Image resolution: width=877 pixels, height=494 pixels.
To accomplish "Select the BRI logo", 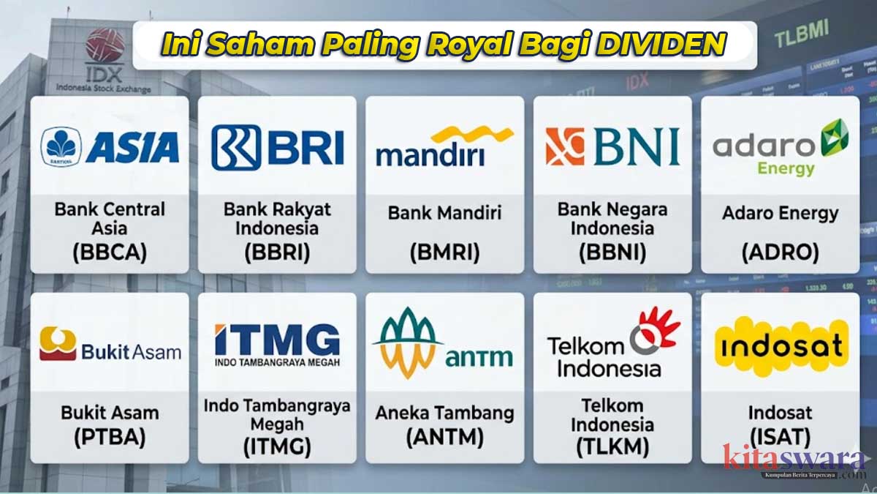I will [277, 146].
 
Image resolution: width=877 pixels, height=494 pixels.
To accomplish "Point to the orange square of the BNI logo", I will [565, 146].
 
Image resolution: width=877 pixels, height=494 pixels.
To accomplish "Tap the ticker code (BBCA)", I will [110, 252].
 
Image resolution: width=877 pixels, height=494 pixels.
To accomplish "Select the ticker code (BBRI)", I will [277, 252].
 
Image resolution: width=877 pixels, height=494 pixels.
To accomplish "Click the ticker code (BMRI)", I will [444, 253].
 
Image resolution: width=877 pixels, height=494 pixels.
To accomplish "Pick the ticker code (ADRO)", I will [780, 252].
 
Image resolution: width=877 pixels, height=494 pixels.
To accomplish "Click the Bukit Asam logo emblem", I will [58, 344].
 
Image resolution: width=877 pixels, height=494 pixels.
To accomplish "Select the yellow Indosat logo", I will [780, 346].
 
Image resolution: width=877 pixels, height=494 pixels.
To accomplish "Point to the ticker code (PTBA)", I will [110, 438].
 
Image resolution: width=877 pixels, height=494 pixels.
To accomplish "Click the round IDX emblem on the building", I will [105, 45].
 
